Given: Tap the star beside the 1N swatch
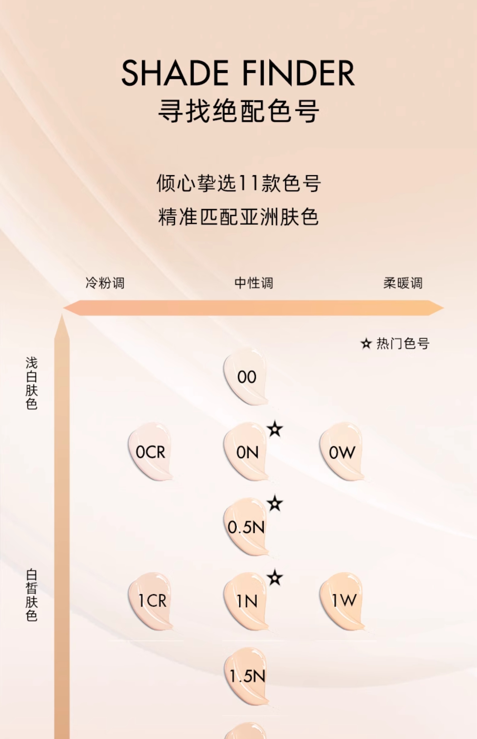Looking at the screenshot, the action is tap(275, 578).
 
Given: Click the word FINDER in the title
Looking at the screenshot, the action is tap(298, 73).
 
